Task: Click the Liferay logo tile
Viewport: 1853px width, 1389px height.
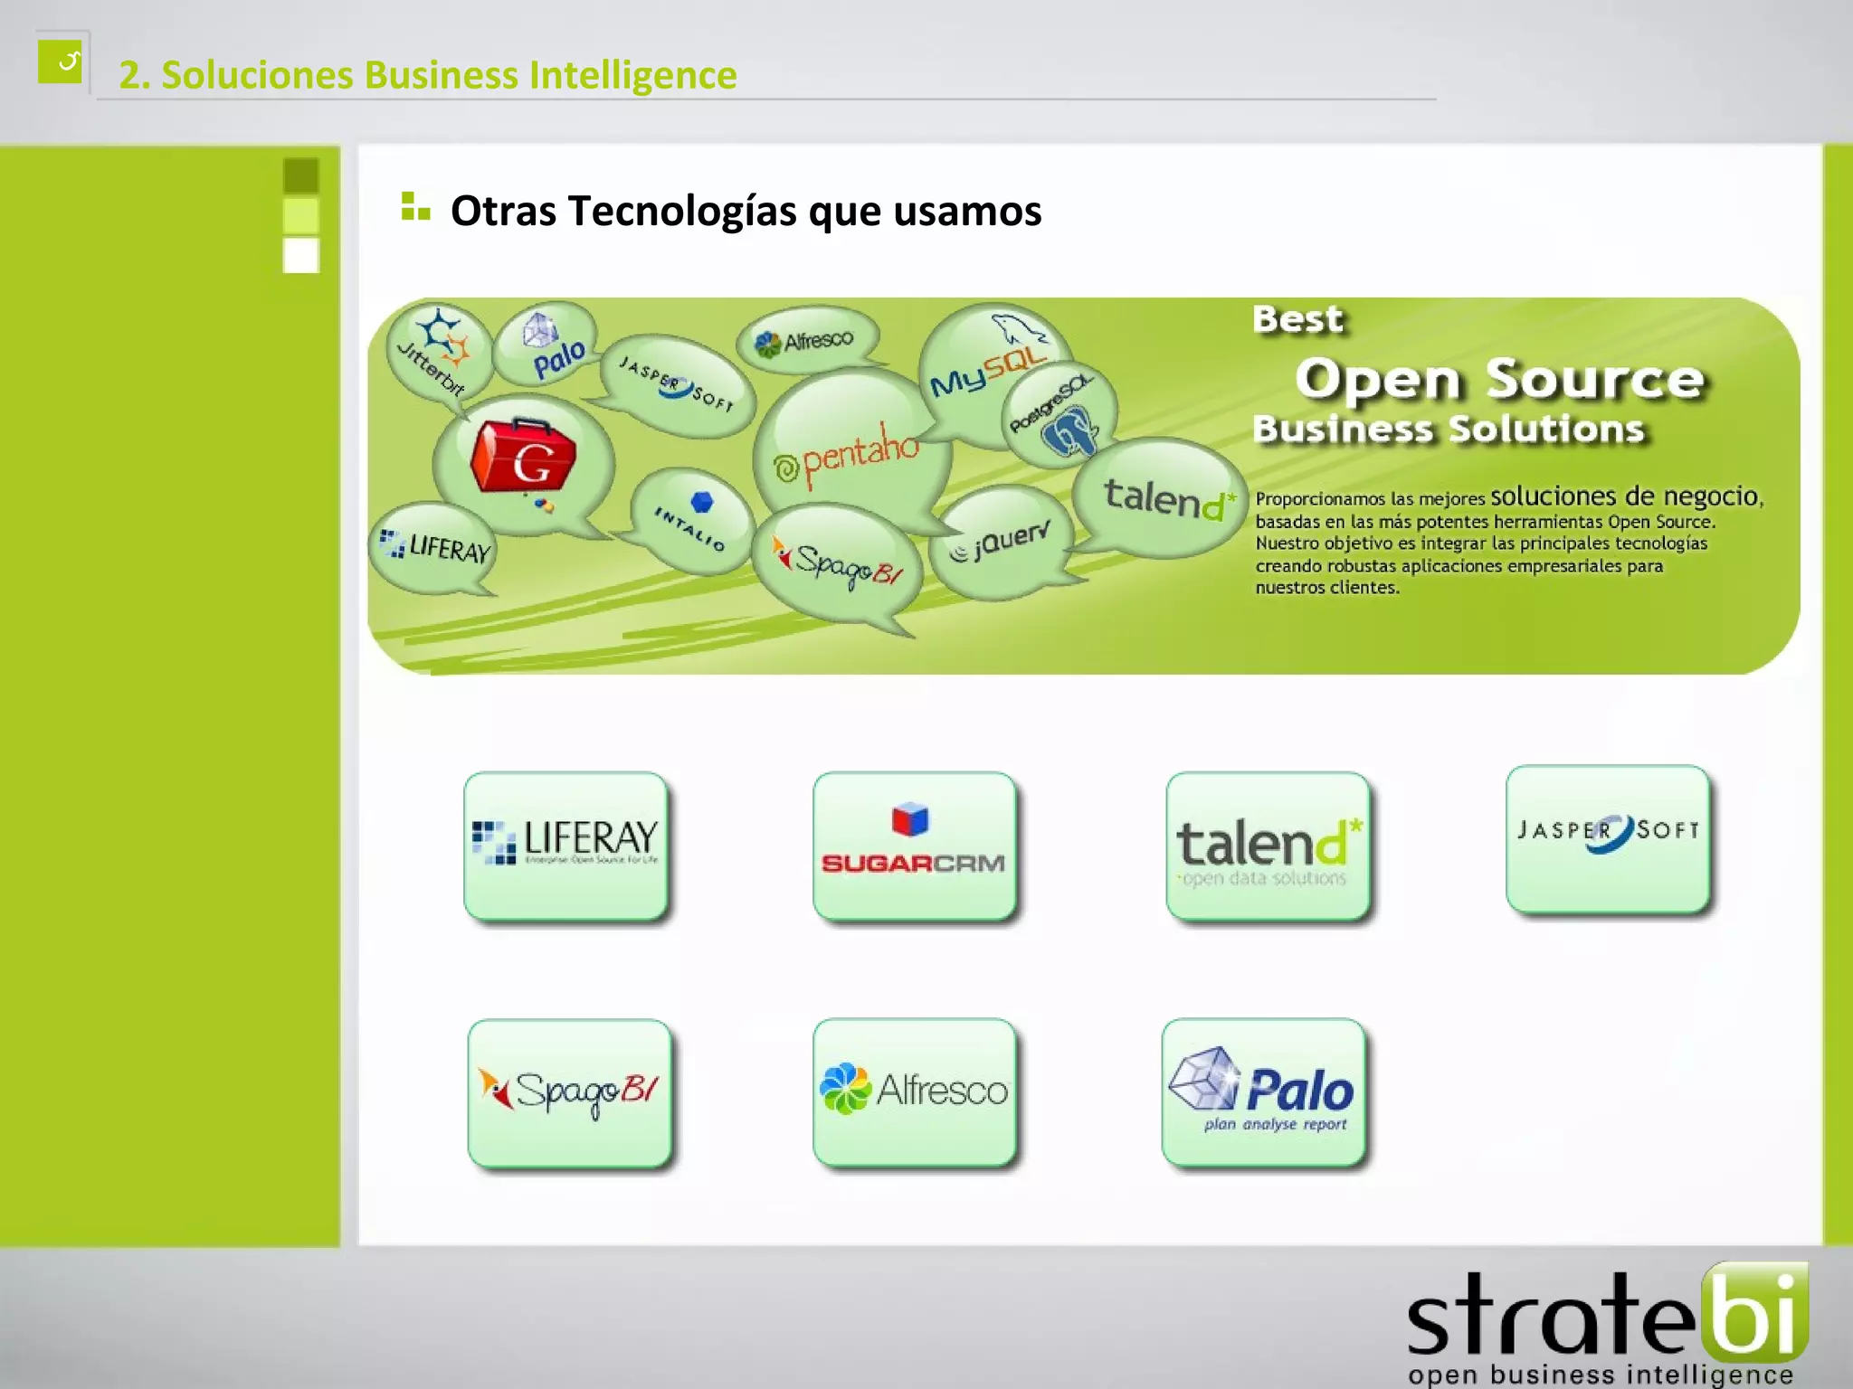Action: (x=566, y=846)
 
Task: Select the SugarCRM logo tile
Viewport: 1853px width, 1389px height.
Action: (x=914, y=846)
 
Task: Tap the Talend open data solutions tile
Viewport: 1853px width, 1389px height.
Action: (x=1267, y=846)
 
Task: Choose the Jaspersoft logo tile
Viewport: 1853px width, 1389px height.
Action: (x=1608, y=837)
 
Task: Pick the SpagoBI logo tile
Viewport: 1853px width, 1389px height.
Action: (x=569, y=1092)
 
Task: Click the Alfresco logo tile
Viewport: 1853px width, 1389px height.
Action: (x=914, y=1091)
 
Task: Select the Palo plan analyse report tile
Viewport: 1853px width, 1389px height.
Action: (x=1263, y=1091)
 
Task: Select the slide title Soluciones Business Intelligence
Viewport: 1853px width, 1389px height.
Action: (x=427, y=75)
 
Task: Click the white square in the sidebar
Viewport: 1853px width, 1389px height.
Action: (x=300, y=255)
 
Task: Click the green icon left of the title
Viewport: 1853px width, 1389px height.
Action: (x=61, y=61)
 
